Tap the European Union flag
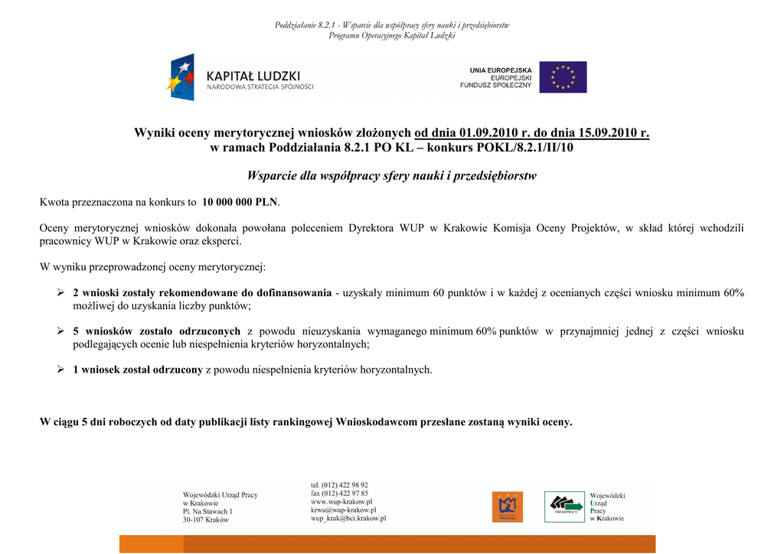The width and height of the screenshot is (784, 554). [x=563, y=77]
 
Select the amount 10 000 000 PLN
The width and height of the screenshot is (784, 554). [x=240, y=203]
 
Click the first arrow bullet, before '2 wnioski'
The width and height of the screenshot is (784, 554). [x=60, y=293]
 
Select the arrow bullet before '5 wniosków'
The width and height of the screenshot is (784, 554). [x=60, y=331]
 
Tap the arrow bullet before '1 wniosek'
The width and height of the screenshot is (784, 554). [x=60, y=370]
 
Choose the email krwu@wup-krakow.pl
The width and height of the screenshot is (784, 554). [x=343, y=510]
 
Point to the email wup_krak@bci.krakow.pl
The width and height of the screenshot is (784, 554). [x=348, y=518]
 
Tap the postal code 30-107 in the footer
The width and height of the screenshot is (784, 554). [x=194, y=520]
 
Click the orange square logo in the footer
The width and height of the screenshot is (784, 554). [x=507, y=506]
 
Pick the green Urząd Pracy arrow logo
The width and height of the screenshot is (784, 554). [x=563, y=506]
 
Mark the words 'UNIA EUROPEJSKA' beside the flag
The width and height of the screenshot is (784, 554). [x=501, y=70]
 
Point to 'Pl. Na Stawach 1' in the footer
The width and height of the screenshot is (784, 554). [x=207, y=511]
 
